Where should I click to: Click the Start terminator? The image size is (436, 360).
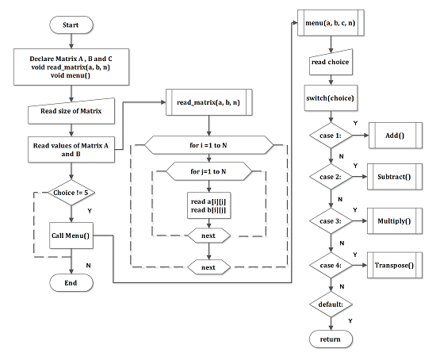(71, 25)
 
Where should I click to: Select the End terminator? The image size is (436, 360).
(71, 282)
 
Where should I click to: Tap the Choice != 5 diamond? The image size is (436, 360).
(71, 193)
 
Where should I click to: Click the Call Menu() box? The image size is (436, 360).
(71, 236)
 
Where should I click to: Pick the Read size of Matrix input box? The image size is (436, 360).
(71, 111)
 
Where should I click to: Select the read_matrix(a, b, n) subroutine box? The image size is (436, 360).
(208, 102)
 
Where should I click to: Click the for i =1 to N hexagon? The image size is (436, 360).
(208, 145)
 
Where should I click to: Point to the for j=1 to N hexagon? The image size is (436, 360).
(208, 171)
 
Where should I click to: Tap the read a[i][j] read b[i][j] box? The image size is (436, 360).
(208, 205)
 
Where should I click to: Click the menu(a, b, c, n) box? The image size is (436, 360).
(331, 23)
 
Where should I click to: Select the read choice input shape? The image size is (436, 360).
(331, 62)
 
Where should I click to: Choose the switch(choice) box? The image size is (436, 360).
(331, 98)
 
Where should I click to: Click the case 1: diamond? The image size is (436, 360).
(331, 136)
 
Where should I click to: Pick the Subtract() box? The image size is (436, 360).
(395, 177)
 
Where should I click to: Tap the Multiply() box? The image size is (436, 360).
(395, 221)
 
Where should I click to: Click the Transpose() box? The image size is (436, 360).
(395, 265)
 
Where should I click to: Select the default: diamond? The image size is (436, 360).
(331, 304)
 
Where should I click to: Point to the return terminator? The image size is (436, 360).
(331, 339)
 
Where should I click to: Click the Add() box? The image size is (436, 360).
(396, 136)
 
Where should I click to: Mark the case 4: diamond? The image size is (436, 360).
(331, 265)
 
